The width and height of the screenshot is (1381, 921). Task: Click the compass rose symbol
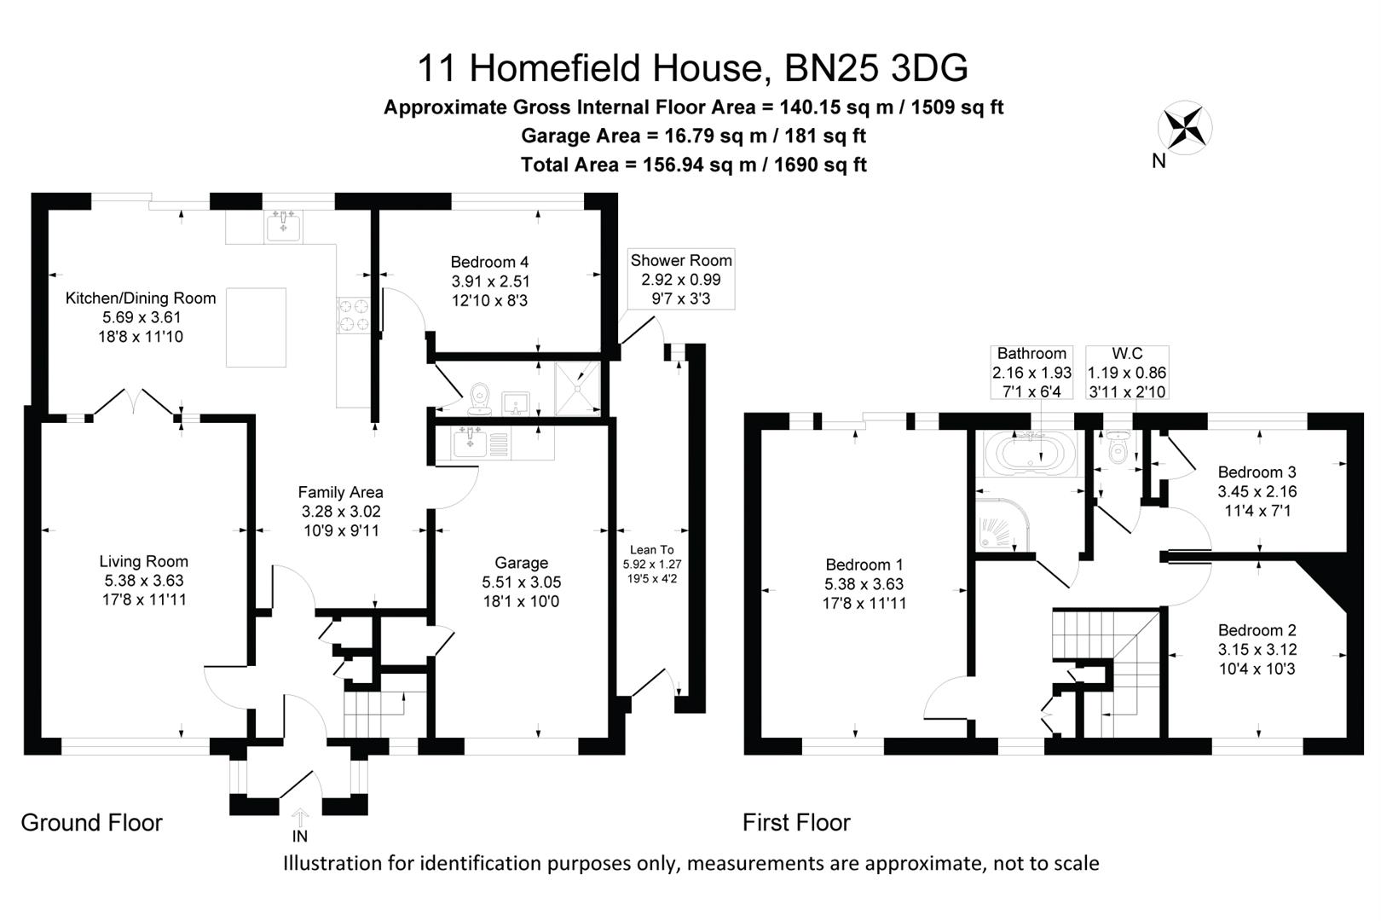[1185, 128]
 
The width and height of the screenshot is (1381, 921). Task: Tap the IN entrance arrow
[300, 817]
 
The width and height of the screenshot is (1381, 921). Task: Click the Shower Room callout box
[681, 279]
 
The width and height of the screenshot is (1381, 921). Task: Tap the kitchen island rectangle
[256, 327]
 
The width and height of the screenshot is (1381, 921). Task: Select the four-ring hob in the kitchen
[353, 316]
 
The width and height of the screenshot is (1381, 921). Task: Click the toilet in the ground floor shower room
[479, 399]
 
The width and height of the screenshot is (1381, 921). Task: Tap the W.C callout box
[1127, 372]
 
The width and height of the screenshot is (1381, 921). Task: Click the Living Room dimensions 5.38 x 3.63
[144, 581]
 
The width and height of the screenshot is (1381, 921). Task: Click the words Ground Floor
[92, 822]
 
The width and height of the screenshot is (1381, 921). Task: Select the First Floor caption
[796, 822]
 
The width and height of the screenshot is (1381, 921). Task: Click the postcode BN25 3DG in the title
[876, 68]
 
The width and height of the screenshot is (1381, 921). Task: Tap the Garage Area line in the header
[694, 136]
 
